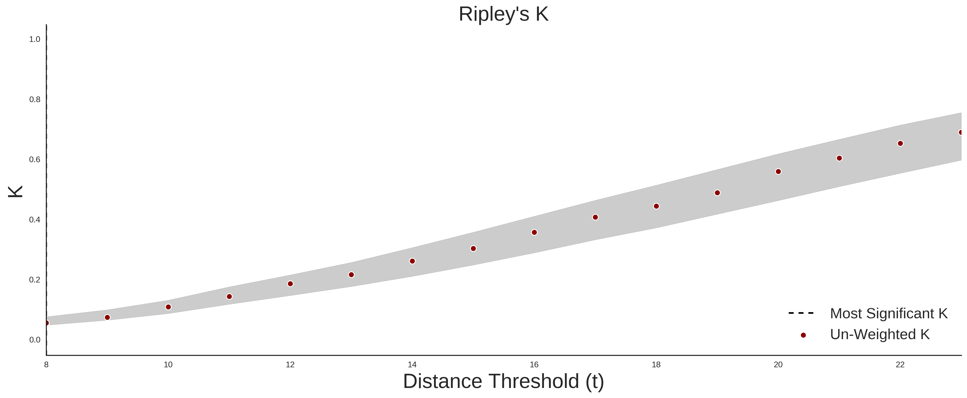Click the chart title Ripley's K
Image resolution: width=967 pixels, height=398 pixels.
(503, 14)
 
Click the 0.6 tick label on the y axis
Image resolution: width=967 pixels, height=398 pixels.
(35, 160)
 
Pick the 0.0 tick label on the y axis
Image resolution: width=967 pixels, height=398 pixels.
(35, 340)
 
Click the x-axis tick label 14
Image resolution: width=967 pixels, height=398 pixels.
(412, 365)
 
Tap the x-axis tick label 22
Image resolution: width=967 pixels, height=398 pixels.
(900, 365)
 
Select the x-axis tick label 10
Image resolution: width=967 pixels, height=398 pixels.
(168, 365)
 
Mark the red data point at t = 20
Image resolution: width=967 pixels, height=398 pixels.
(778, 172)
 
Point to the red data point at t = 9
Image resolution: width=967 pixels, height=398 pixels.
(107, 317)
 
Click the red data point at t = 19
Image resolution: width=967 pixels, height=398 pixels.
(717, 193)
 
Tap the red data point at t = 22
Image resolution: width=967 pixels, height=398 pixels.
(900, 143)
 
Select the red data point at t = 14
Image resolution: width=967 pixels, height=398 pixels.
(412, 261)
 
